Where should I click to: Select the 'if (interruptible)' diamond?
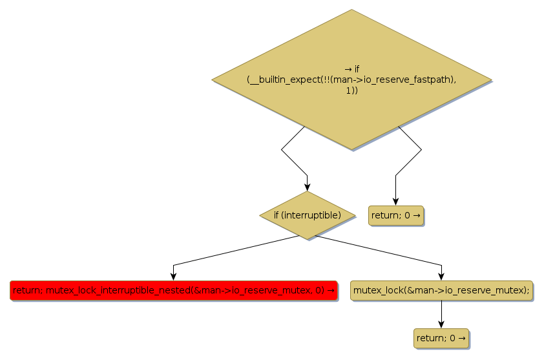307,215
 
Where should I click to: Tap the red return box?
173,290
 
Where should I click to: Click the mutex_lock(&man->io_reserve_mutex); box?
441,290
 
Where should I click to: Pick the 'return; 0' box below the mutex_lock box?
441,337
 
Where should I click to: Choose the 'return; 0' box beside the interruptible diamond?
395,215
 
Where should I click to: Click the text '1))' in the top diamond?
351,91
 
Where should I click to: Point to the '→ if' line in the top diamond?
351,69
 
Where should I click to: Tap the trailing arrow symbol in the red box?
331,290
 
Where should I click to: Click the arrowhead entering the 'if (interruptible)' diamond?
307,187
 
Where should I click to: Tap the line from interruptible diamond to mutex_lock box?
381,250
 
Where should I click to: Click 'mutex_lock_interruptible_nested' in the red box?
118,290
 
